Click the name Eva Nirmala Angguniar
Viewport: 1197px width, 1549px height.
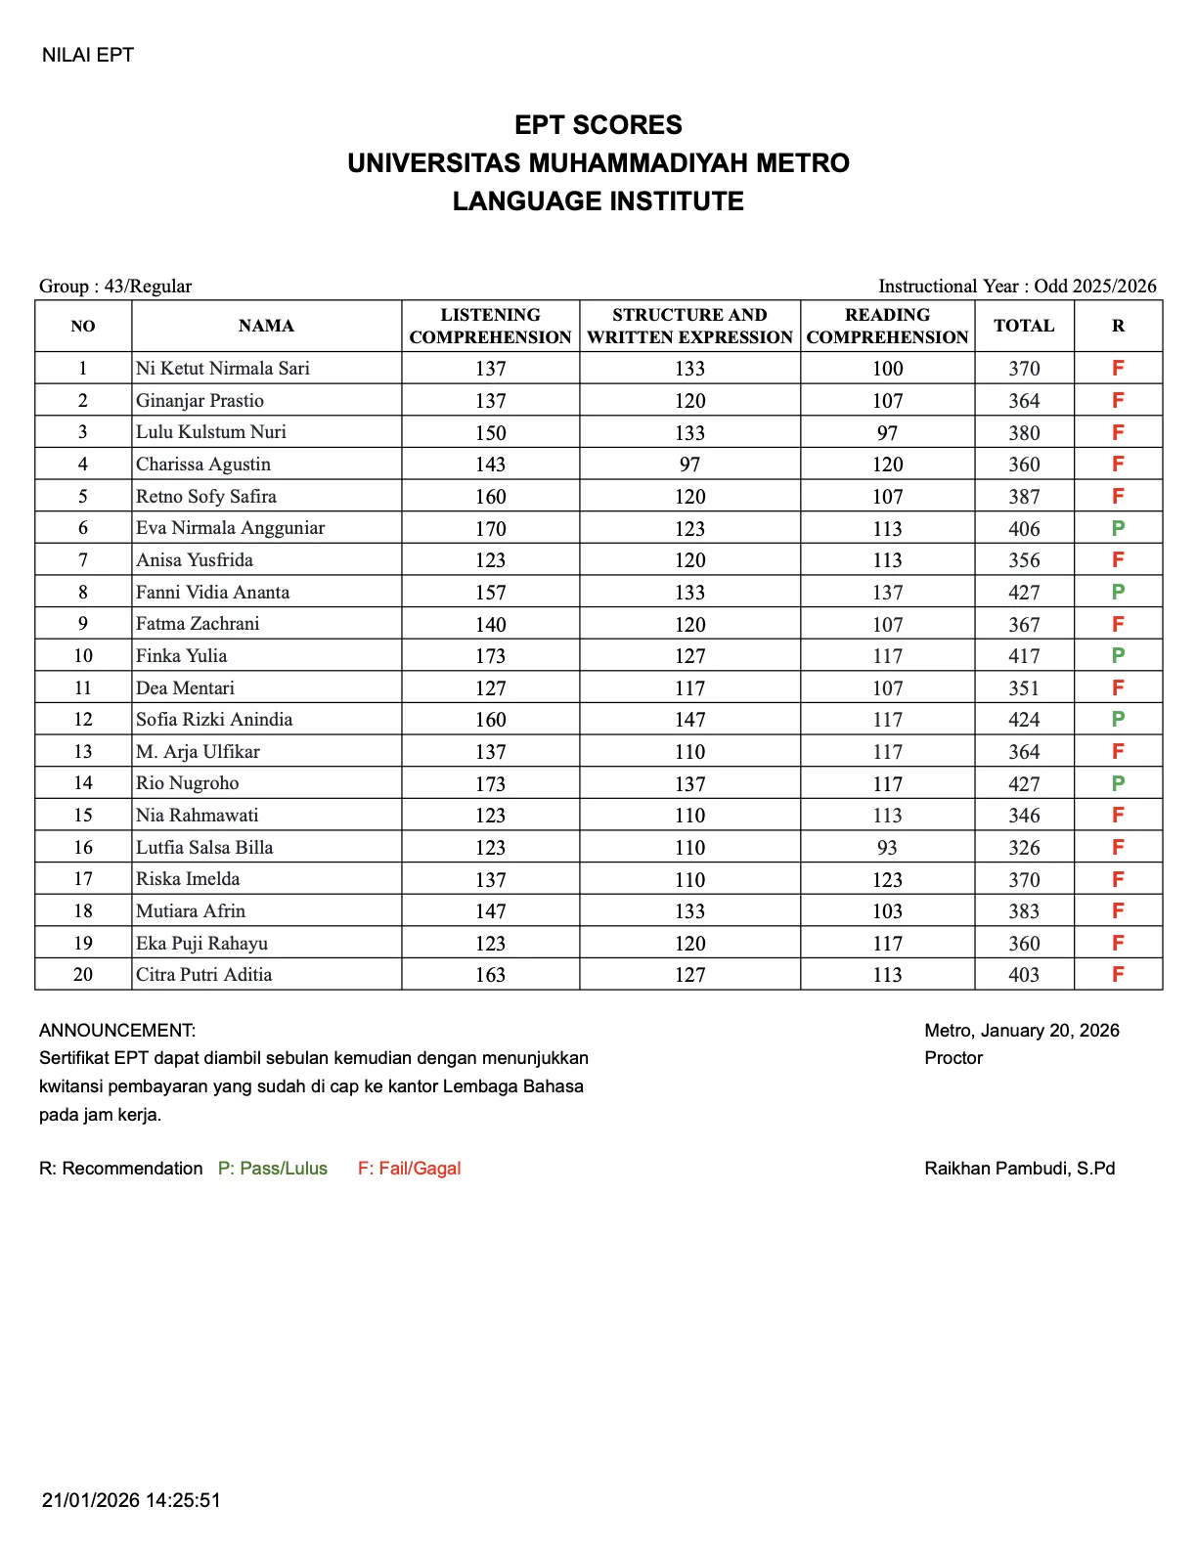pos(230,528)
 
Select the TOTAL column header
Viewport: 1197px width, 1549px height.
pos(1024,326)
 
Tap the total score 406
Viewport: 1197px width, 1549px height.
pos(1024,529)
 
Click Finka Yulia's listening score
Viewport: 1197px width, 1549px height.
pos(490,656)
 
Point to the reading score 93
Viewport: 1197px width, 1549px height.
pos(887,848)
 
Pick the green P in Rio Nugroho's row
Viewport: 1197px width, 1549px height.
pos(1118,783)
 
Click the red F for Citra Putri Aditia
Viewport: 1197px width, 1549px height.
pos(1118,975)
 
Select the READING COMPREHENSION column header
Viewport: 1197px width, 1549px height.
pos(887,326)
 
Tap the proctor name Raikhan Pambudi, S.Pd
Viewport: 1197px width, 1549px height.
pos(1019,1169)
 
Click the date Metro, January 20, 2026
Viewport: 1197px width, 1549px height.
pos(1021,1031)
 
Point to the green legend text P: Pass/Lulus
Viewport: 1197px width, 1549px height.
pos(272,1169)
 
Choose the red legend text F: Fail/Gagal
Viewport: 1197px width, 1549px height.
pos(409,1169)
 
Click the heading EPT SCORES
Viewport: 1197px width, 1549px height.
pos(598,125)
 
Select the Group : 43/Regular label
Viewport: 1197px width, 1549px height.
pos(115,287)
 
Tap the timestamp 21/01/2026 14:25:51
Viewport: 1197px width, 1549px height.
pos(131,1500)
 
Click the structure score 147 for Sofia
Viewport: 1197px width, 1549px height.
pos(689,720)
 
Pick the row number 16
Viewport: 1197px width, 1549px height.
pos(83,848)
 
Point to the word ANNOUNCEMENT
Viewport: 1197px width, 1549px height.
pos(117,1031)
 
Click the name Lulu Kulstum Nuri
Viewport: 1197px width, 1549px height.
pos(211,432)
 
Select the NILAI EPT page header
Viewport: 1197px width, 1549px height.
pos(88,56)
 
